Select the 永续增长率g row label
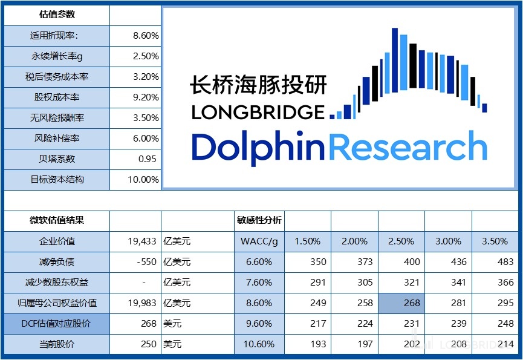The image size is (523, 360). [57, 56]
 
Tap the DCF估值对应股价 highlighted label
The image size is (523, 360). [56, 324]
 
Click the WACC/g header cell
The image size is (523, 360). [259, 241]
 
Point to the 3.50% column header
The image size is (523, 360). [495, 241]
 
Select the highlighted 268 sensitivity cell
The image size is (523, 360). [401, 303]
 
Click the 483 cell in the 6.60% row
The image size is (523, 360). [495, 262]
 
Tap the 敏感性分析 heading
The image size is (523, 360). [259, 220]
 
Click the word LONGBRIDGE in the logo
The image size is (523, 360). [258, 113]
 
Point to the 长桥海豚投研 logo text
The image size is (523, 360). [258, 85]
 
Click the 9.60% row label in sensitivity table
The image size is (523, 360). [259, 324]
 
